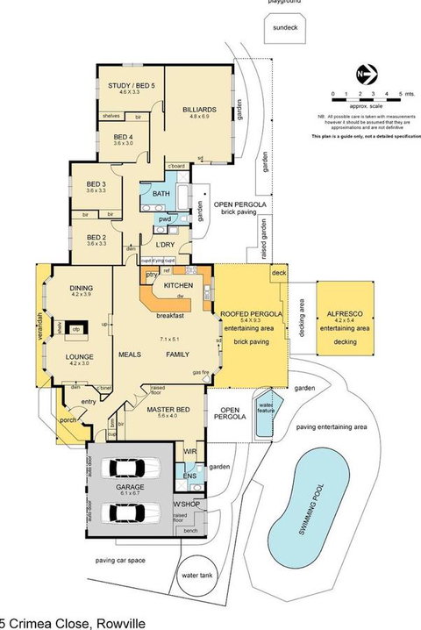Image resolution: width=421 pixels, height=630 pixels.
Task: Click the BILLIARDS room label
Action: pos(199,109)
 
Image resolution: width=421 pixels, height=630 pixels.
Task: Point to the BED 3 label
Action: pos(96,184)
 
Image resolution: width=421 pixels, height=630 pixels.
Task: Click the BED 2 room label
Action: pos(96,237)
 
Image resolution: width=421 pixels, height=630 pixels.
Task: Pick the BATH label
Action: pos(161,193)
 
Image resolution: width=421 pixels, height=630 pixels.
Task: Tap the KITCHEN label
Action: pos(178,286)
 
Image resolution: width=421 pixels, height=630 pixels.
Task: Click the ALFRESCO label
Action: pos(344,313)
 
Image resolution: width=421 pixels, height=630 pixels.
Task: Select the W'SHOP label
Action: pos(185,504)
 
